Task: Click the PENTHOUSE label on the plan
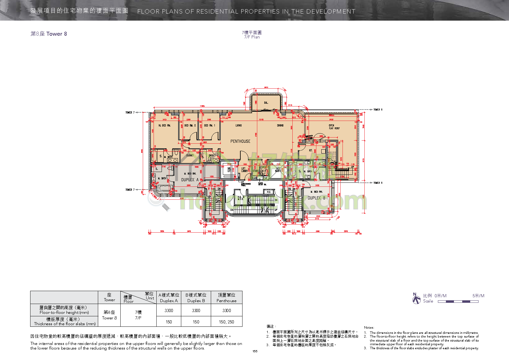tap(240, 141)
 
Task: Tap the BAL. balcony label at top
tap(266, 103)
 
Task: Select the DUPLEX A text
tap(190, 180)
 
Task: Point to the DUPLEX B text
tap(316, 198)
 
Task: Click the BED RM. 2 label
tap(190, 126)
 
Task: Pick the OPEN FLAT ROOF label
tap(334, 127)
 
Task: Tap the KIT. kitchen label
tap(311, 150)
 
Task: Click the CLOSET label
tap(190, 155)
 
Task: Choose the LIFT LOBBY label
tap(244, 170)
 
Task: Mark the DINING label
tap(280, 126)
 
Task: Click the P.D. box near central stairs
tap(269, 192)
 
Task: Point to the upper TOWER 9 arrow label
tap(378, 110)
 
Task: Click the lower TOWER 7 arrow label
tap(129, 190)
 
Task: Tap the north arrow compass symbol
tap(416, 298)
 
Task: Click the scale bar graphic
tap(458, 302)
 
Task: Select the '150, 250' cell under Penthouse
tap(226, 322)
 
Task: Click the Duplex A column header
tap(169, 298)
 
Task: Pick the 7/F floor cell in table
tap(138, 315)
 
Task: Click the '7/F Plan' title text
tap(252, 37)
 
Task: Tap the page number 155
tap(255, 351)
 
